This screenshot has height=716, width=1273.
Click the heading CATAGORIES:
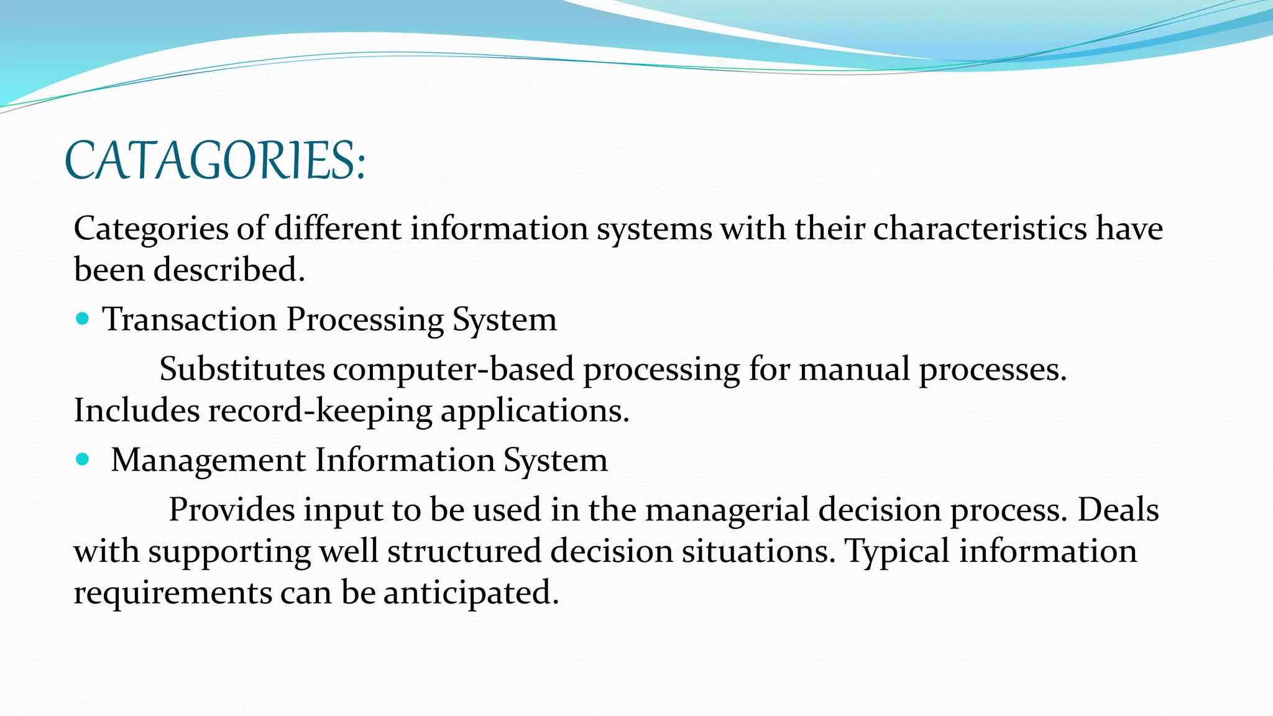215,161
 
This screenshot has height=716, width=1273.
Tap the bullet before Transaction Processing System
82,319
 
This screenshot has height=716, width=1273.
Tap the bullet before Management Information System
82,460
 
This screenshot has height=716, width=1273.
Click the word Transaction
190,319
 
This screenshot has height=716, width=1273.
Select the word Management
208,461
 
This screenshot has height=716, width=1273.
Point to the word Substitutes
242,369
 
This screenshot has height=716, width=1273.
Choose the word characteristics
980,229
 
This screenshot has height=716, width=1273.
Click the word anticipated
471,592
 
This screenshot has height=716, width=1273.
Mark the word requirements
172,592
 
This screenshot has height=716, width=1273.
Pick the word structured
464,551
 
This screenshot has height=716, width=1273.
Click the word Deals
1117,510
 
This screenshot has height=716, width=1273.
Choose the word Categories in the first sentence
151,229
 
